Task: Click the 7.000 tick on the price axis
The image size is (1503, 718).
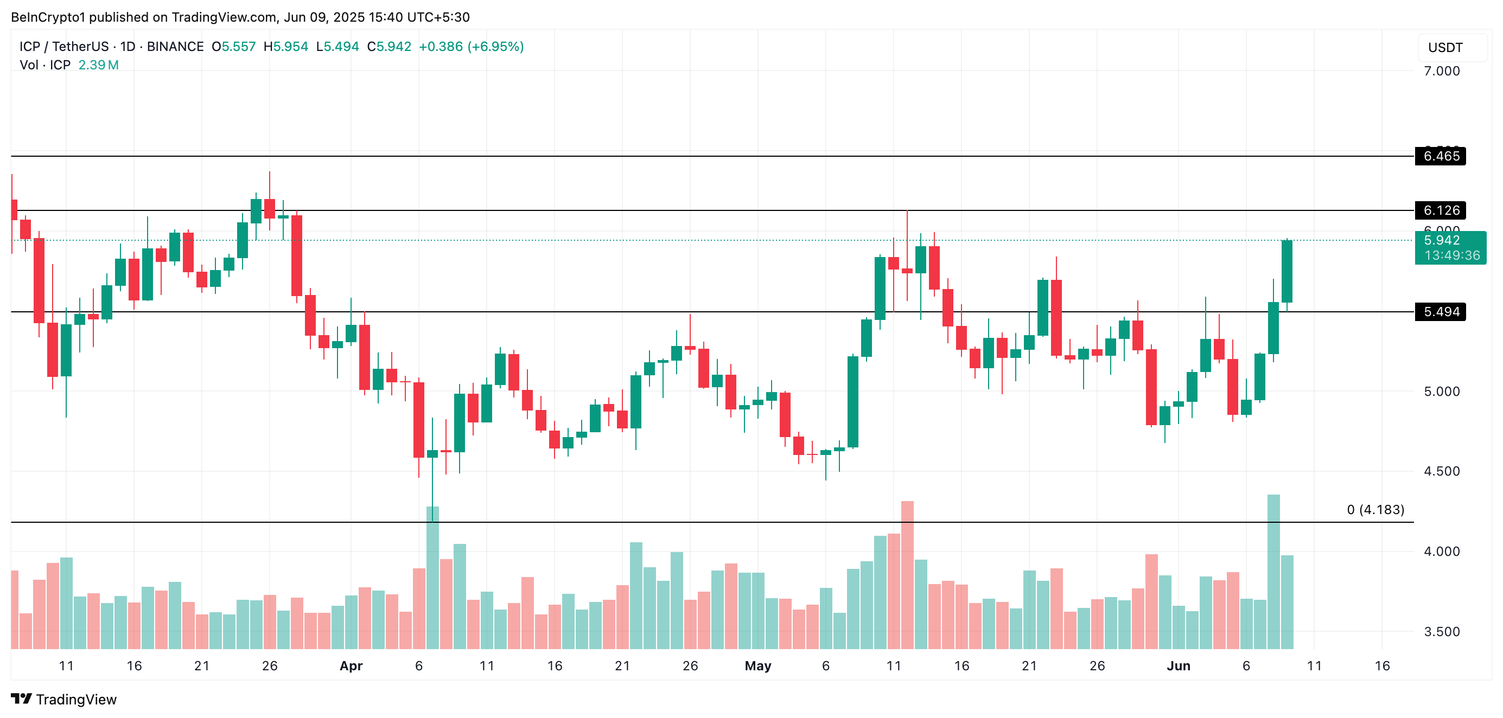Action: [1441, 71]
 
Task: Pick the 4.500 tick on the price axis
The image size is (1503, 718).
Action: [1441, 471]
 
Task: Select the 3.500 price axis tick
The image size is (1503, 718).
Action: [1441, 632]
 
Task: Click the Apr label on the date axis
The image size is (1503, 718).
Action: [351, 666]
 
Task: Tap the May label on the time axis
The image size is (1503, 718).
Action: [757, 666]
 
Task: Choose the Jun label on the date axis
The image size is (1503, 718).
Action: [1177, 666]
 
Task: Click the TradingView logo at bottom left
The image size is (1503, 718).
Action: [63, 700]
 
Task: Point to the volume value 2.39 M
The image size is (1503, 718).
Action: [98, 65]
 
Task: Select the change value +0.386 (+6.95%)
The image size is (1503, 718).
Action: [471, 47]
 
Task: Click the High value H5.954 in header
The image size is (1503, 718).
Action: [285, 47]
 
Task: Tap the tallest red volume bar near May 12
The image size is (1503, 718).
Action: [907, 574]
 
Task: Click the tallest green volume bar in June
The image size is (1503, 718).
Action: [1273, 572]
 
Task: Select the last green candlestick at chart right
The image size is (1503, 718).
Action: [1287, 272]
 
